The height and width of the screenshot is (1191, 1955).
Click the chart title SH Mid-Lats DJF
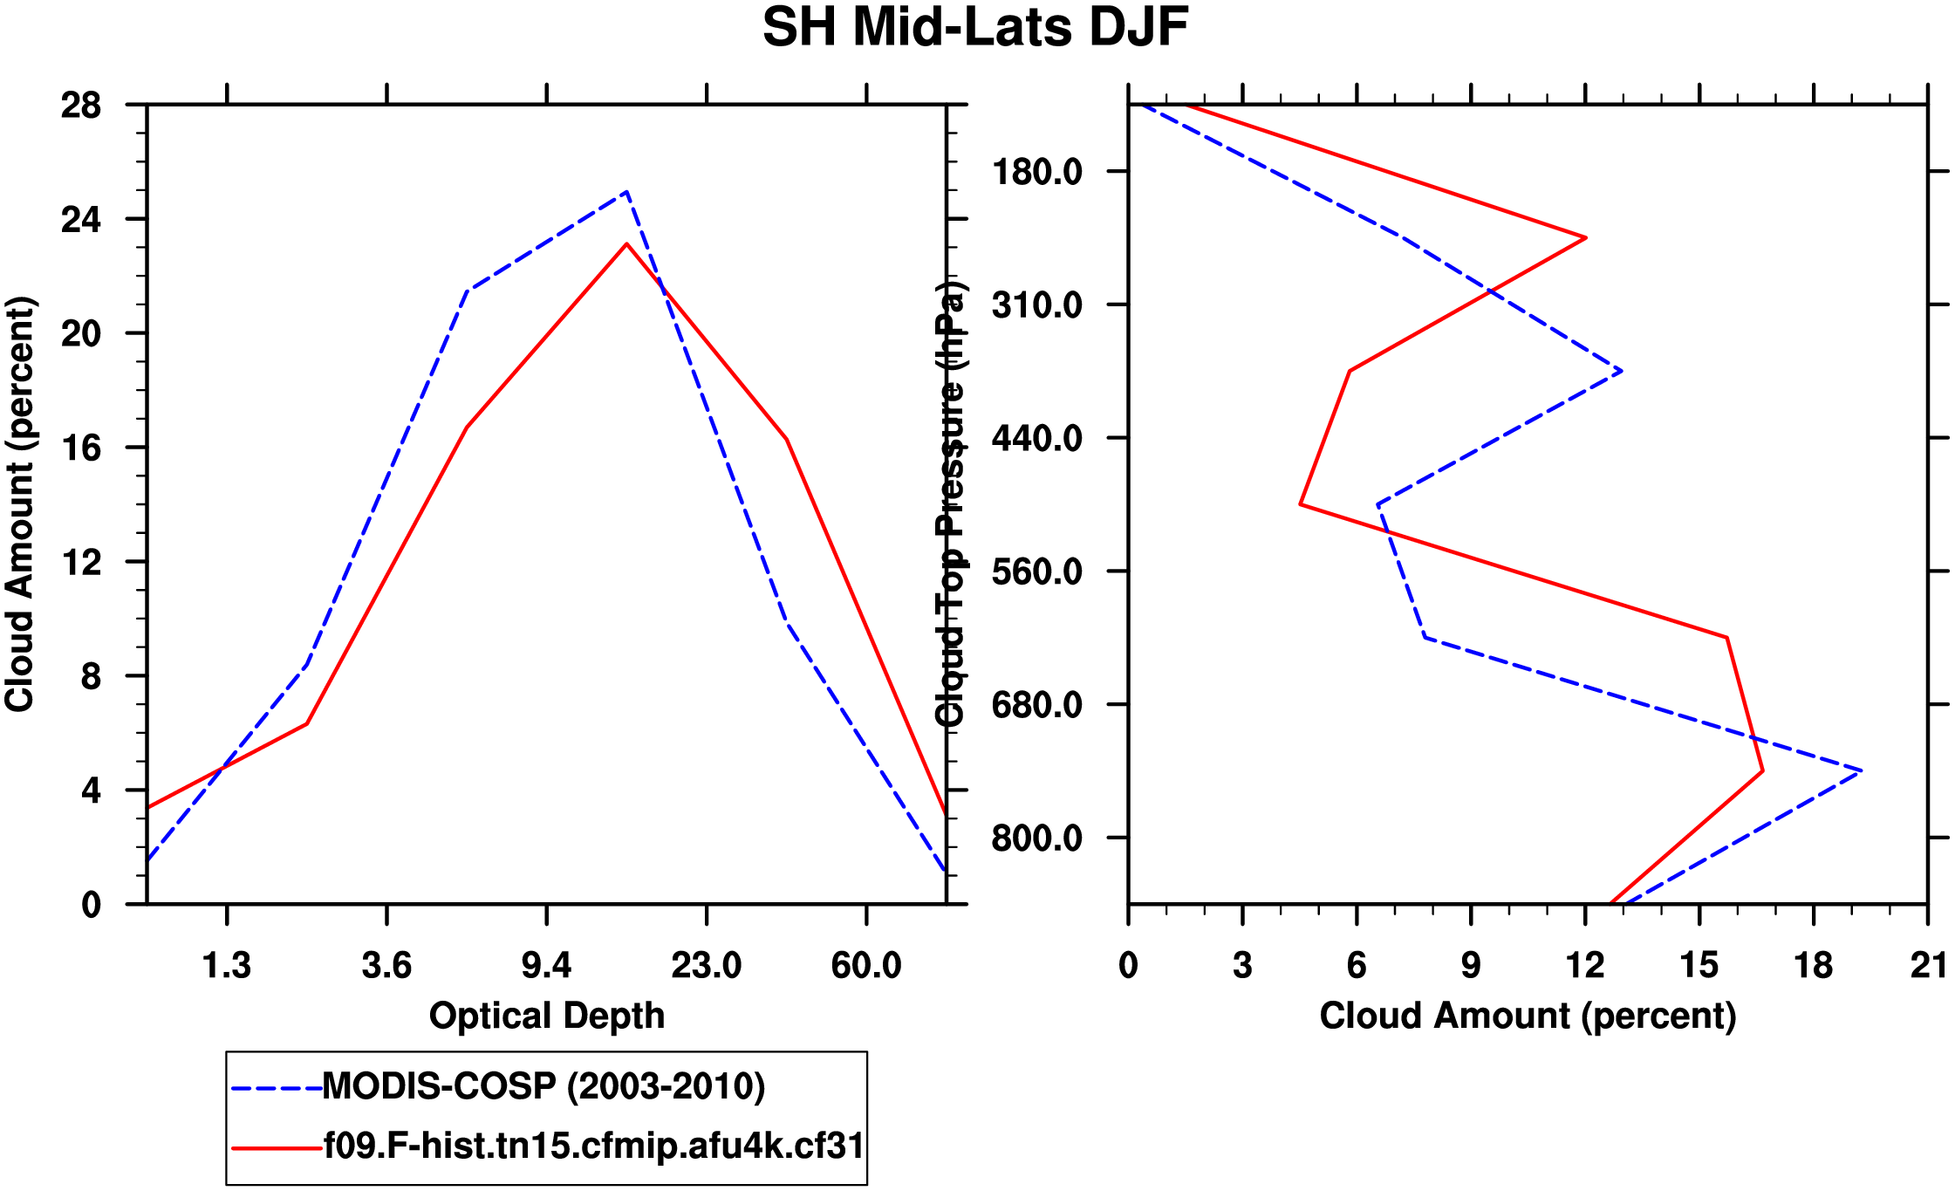pyautogui.click(x=975, y=28)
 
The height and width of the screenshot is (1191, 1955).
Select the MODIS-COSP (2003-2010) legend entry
pyautogui.click(x=543, y=1086)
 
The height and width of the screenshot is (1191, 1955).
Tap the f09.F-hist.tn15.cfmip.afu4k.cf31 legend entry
pyautogui.click(x=593, y=1146)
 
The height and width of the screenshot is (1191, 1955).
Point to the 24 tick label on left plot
pyautogui.click(x=80, y=220)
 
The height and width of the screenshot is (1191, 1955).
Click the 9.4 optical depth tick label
pyautogui.click(x=546, y=966)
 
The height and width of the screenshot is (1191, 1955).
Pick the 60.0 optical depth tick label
pyautogui.click(x=865, y=966)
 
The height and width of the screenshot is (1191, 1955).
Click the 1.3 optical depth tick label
pyautogui.click(x=227, y=966)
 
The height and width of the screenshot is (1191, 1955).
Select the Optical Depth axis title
pyautogui.click(x=547, y=1016)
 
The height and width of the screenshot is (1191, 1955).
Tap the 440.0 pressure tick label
pyautogui.click(x=1036, y=438)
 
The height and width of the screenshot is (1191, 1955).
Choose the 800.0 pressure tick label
pyautogui.click(x=1036, y=838)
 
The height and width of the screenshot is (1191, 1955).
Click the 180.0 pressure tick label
pyautogui.click(x=1036, y=172)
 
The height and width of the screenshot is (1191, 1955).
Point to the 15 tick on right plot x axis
pyautogui.click(x=1699, y=966)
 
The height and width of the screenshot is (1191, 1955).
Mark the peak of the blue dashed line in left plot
pyautogui.click(x=626, y=192)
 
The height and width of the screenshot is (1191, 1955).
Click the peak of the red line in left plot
pyautogui.click(x=626, y=244)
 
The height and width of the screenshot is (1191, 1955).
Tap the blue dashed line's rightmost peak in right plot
pyautogui.click(x=1861, y=770)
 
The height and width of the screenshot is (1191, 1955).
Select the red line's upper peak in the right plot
pyautogui.click(x=1585, y=237)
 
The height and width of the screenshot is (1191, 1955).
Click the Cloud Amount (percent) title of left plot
pyautogui.click(x=19, y=504)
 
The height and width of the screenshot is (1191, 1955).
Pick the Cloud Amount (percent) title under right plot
pyautogui.click(x=1528, y=1016)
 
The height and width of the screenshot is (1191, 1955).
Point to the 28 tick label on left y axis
pyautogui.click(x=80, y=106)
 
